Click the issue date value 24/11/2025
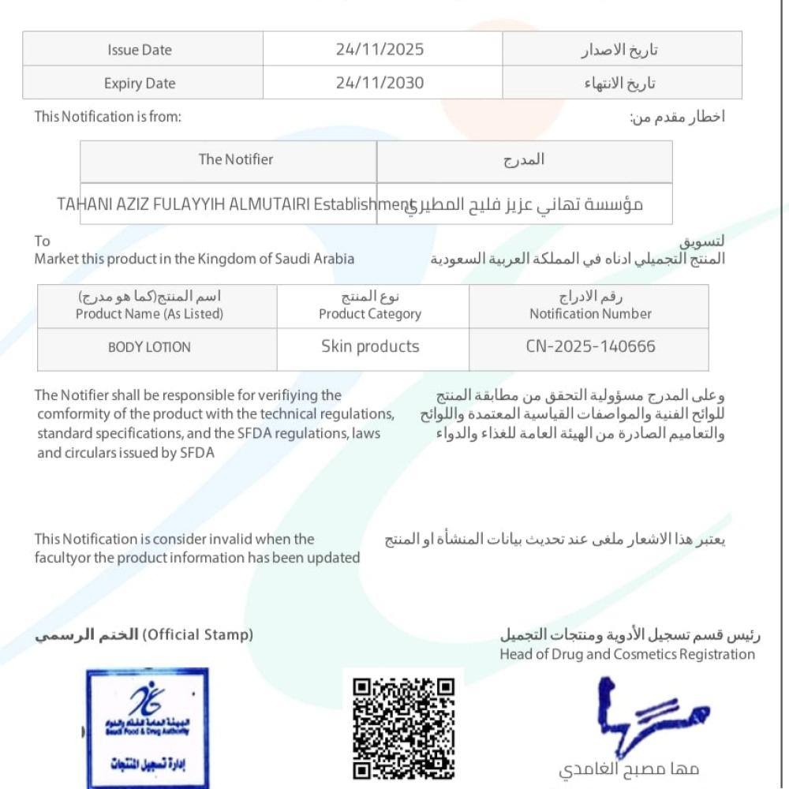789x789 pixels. [x=380, y=50]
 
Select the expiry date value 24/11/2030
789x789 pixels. [x=380, y=83]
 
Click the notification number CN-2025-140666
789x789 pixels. [x=590, y=346]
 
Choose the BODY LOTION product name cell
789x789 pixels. [x=149, y=347]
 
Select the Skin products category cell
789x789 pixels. [x=370, y=346]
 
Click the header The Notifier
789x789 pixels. [x=235, y=159]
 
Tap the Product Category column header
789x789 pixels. [x=370, y=313]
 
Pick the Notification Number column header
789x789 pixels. [x=590, y=313]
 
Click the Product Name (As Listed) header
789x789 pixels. [x=149, y=313]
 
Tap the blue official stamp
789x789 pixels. [x=148, y=726]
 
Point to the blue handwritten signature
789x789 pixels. [x=647, y=710]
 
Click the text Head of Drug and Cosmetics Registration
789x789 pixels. [x=627, y=654]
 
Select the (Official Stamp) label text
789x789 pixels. [x=197, y=634]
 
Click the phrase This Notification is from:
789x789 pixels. [x=108, y=117]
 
